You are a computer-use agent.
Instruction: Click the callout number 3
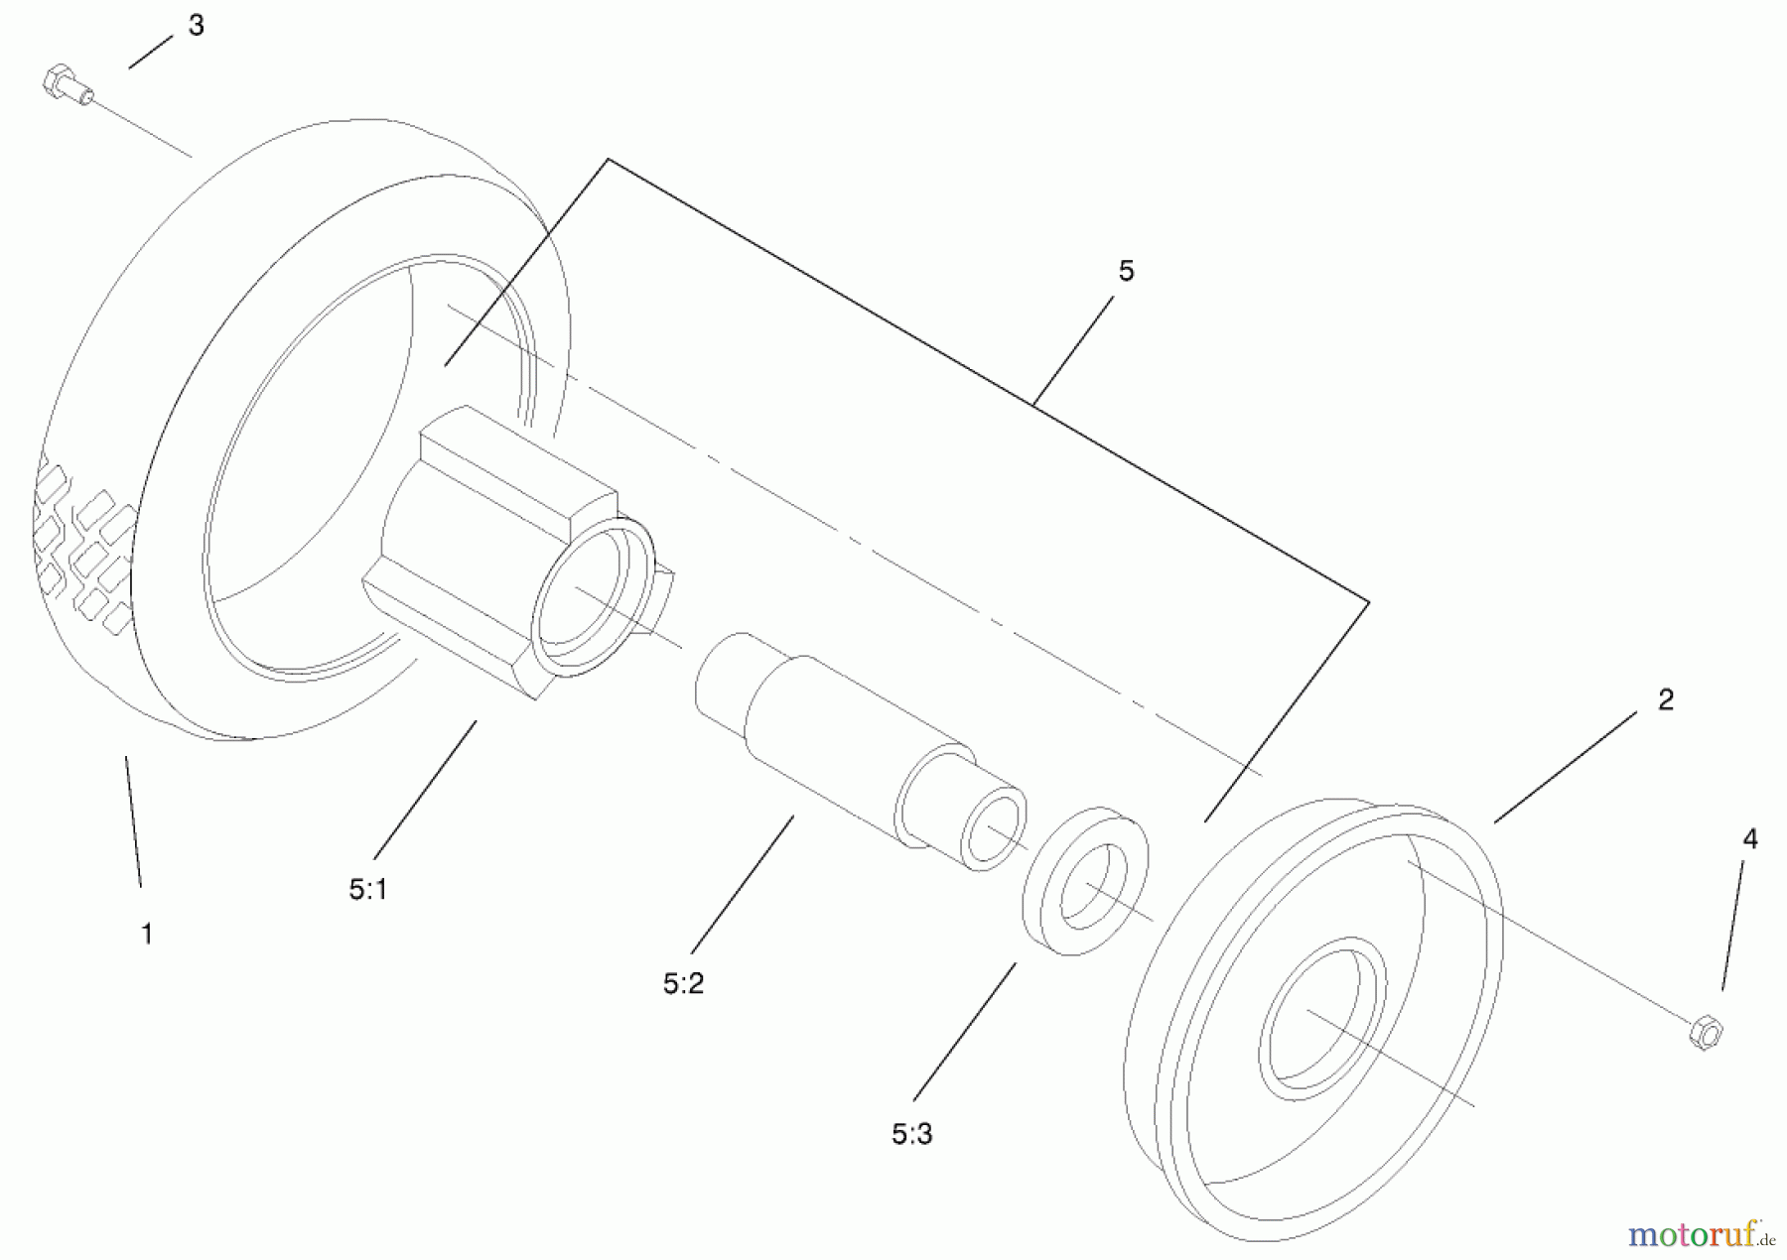pos(196,26)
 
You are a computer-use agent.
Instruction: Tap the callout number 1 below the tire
pos(147,934)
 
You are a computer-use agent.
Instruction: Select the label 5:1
pos(368,890)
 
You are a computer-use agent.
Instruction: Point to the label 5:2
pos(683,983)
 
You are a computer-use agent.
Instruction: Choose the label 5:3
pos(911,1134)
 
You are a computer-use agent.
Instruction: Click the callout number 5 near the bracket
pos(1126,271)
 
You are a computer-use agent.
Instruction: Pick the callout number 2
pos(1666,699)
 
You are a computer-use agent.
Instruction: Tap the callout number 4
pos(1750,839)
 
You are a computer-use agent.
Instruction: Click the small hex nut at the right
pos(1705,1033)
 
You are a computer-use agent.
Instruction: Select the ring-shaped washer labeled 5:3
pos(1085,881)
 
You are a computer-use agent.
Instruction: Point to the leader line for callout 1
pos(133,821)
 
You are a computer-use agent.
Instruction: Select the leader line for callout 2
pos(1566,767)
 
